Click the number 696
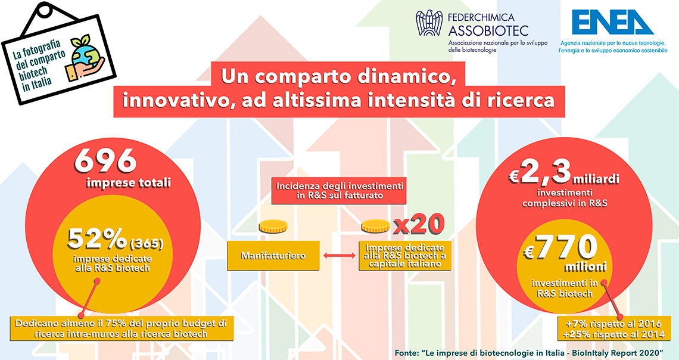105,161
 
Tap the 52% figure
98,238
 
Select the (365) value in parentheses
146,244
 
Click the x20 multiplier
419,225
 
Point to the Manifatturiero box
273,256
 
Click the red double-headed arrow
339,256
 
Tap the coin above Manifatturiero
273,226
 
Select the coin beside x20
375,226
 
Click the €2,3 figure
540,172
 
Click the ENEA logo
612,22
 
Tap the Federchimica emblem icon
429,23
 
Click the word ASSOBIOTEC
488,31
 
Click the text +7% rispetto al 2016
613,324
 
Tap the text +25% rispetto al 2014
612,334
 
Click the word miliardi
596,179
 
